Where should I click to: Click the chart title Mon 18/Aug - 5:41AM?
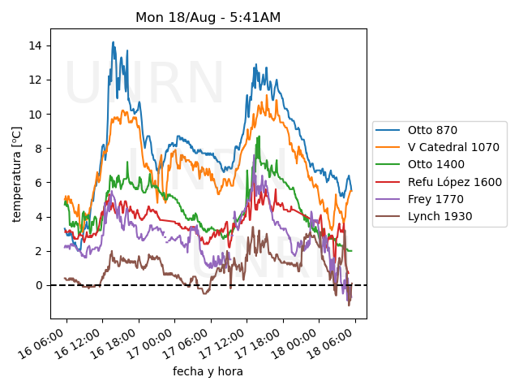pos(208,17)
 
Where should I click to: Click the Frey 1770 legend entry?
pos(435,199)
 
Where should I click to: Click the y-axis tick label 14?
pos(36,45)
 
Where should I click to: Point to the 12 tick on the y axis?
pos(36,80)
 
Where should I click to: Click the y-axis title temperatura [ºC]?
pos(16,174)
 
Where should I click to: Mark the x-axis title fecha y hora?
pos(208,371)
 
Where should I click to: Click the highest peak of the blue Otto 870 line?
pos(113,42)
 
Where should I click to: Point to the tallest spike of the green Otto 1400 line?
pos(259,136)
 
